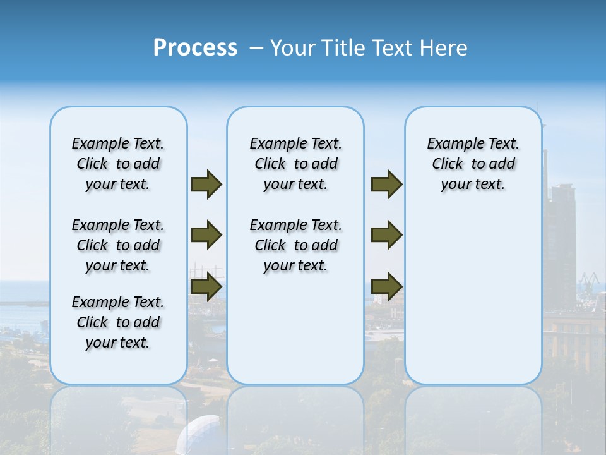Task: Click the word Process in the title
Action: pyautogui.click(x=195, y=48)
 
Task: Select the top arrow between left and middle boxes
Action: pyautogui.click(x=206, y=185)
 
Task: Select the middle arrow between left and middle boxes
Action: pyautogui.click(x=206, y=235)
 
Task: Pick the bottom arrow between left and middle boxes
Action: pyautogui.click(x=206, y=286)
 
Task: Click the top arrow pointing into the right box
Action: pyautogui.click(x=386, y=185)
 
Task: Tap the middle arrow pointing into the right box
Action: pyautogui.click(x=386, y=235)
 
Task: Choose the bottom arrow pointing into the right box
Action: pyautogui.click(x=386, y=286)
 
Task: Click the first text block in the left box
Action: pyautogui.click(x=118, y=164)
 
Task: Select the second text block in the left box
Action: pyautogui.click(x=118, y=245)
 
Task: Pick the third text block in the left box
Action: pyautogui.click(x=118, y=322)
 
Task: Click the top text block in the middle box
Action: pyautogui.click(x=295, y=164)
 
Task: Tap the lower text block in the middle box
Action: pyautogui.click(x=295, y=245)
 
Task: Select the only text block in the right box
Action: pyautogui.click(x=473, y=164)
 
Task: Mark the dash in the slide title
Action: pyautogui.click(x=256, y=48)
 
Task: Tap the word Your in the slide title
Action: pyautogui.click(x=293, y=48)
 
